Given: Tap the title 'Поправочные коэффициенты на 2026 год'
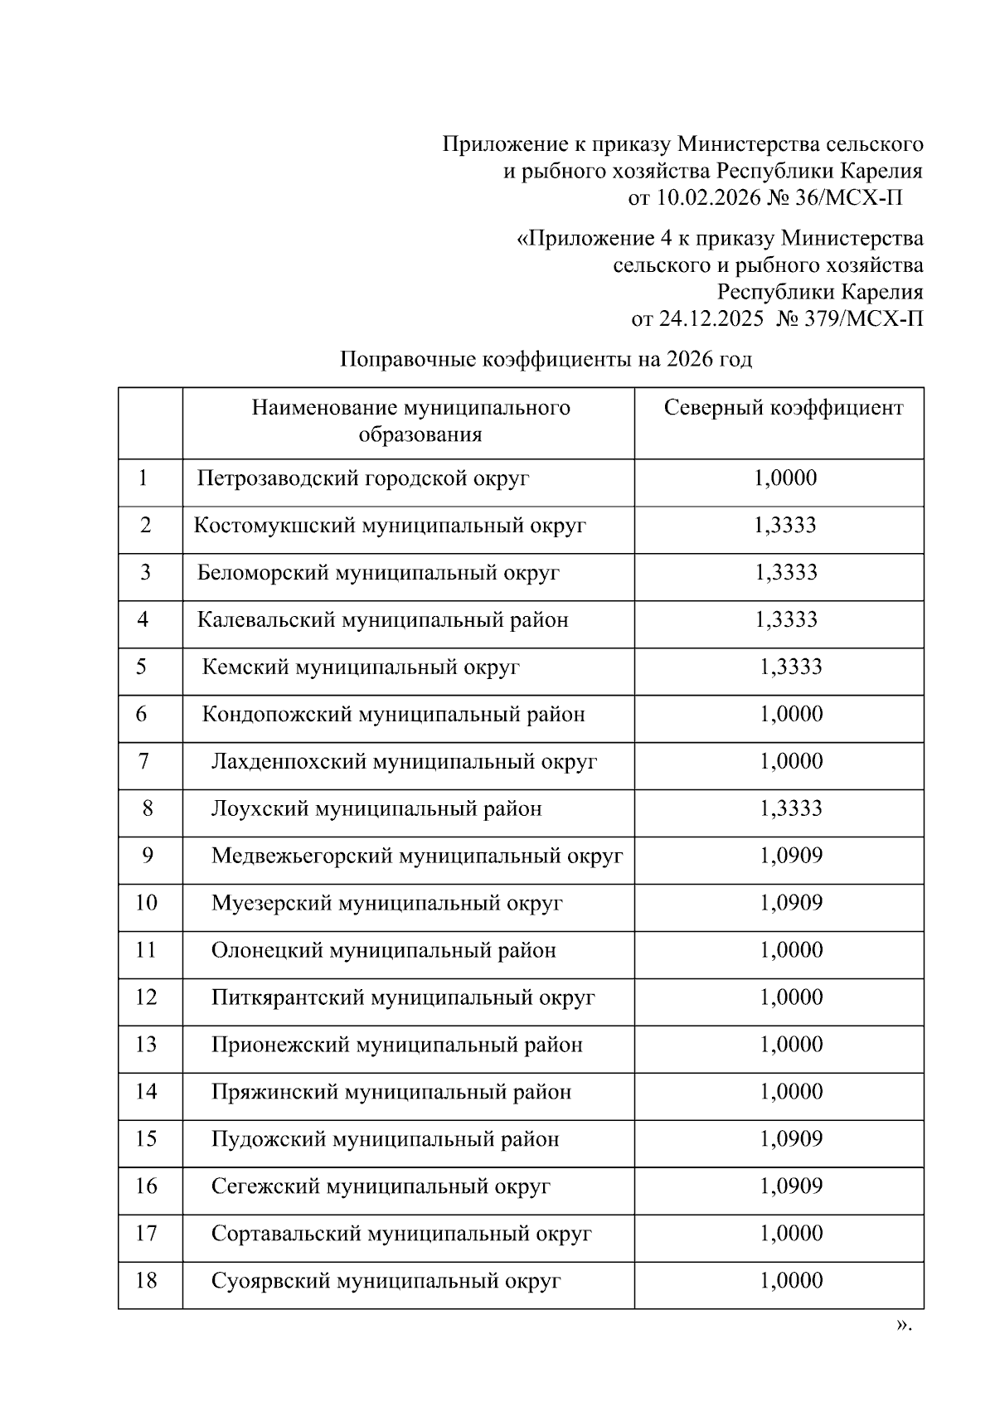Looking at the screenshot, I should [x=546, y=360].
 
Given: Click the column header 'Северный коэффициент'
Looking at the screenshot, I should [x=784, y=408].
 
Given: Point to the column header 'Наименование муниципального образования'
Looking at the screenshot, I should [x=411, y=421].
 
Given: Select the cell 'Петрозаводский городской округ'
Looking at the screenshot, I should [x=363, y=478].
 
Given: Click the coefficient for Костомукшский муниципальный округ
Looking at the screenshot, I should [x=785, y=526].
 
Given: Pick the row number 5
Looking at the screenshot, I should [x=142, y=667].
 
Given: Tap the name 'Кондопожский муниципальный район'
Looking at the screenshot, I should [x=394, y=715].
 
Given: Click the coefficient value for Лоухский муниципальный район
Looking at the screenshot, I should [x=791, y=809].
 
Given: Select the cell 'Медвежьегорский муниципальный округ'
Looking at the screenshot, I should [x=417, y=856].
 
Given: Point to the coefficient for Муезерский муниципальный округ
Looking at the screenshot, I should [x=791, y=904].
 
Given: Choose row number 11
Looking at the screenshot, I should [x=146, y=951].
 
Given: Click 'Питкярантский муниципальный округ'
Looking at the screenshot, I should [x=403, y=998].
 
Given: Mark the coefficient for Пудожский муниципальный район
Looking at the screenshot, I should [x=791, y=1140].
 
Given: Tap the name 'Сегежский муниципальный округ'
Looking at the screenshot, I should [x=381, y=1187].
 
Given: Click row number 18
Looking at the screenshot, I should [x=146, y=1282].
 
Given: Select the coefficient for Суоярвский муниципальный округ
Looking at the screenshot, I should [x=791, y=1282].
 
